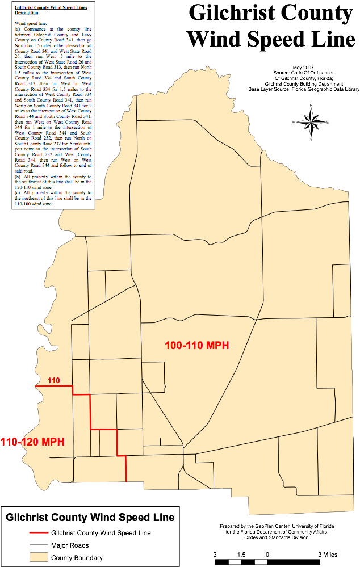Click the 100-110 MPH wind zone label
[196, 345]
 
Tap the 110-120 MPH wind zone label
[32, 442]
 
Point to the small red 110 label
[53, 380]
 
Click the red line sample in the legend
[39, 532]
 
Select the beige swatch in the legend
[39, 557]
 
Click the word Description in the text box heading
[27, 12]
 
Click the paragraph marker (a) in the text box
[18, 28]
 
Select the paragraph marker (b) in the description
[18, 177]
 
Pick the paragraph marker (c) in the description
[18, 193]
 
